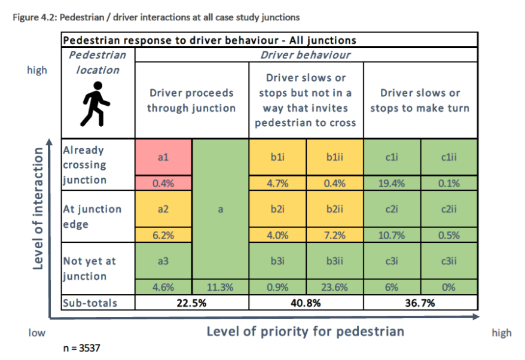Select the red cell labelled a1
click(x=163, y=157)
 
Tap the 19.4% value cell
click(x=392, y=184)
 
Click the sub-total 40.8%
click(x=306, y=303)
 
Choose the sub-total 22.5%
click(x=191, y=303)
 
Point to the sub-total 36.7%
click(x=420, y=303)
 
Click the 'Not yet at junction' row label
click(x=90, y=269)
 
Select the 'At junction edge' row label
click(x=92, y=216)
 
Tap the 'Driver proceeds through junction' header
click(x=191, y=100)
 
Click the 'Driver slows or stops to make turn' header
click(x=420, y=100)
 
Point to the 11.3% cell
click(x=220, y=287)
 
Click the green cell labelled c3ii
click(x=448, y=261)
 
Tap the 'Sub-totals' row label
click(x=90, y=303)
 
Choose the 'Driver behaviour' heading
click(x=306, y=55)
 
